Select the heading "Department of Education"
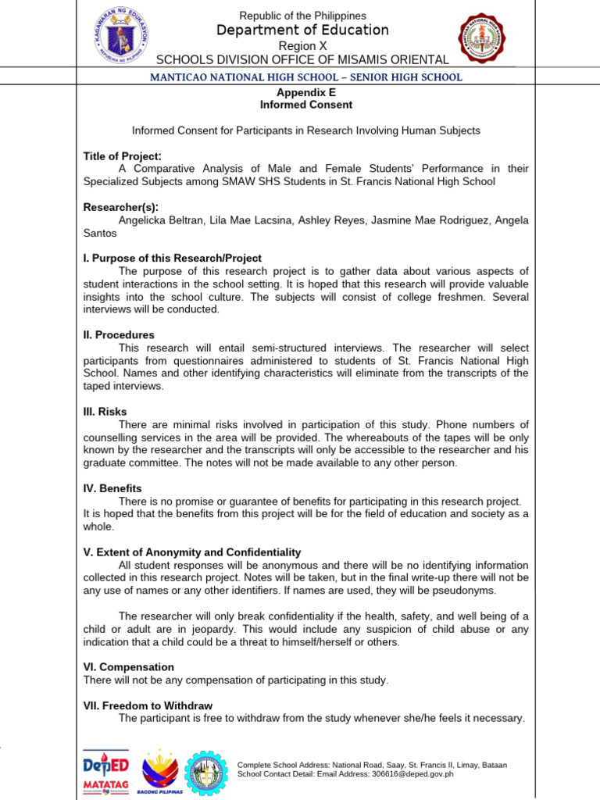coord(302,30)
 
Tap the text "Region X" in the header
coord(302,46)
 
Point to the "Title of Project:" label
coord(123,156)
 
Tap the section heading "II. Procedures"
coord(119,334)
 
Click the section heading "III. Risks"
coord(105,411)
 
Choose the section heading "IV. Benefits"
coord(112,488)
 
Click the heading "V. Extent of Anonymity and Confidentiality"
coord(192,552)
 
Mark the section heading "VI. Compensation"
coord(129,667)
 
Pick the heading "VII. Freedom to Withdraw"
coord(148,705)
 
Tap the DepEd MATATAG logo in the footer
coord(105,773)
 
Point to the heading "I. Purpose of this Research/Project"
coord(173,258)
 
